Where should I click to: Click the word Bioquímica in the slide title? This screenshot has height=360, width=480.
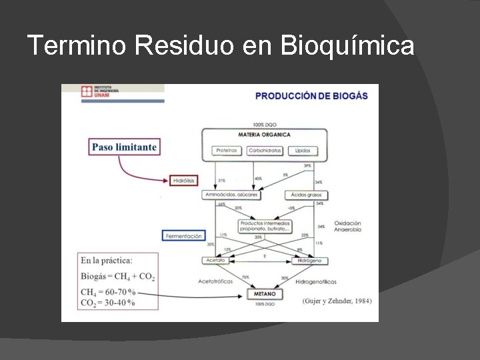(x=347, y=47)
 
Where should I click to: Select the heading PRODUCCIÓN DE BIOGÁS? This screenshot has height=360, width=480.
(x=311, y=96)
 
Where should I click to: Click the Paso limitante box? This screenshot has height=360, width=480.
(x=124, y=147)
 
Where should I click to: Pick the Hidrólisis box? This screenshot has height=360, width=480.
(x=184, y=181)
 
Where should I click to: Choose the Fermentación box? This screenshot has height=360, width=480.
(x=183, y=236)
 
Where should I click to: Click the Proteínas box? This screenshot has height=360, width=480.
(x=226, y=151)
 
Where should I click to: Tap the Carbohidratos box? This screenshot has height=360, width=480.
(x=265, y=151)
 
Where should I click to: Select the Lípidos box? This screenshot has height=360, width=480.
(x=302, y=151)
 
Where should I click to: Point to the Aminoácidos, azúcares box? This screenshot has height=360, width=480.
(x=231, y=195)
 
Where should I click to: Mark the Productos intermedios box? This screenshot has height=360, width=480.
(x=265, y=226)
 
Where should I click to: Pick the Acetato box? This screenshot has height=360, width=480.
(x=216, y=261)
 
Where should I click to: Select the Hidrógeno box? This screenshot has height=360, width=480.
(x=309, y=261)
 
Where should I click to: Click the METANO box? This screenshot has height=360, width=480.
(x=265, y=294)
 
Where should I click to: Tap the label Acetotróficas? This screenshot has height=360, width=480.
(x=215, y=281)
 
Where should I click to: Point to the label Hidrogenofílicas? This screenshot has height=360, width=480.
(x=317, y=282)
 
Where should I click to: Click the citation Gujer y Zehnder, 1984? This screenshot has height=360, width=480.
(x=337, y=301)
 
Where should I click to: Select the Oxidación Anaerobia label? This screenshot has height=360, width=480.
(x=347, y=226)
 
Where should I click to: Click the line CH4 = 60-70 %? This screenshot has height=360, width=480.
(x=108, y=292)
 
